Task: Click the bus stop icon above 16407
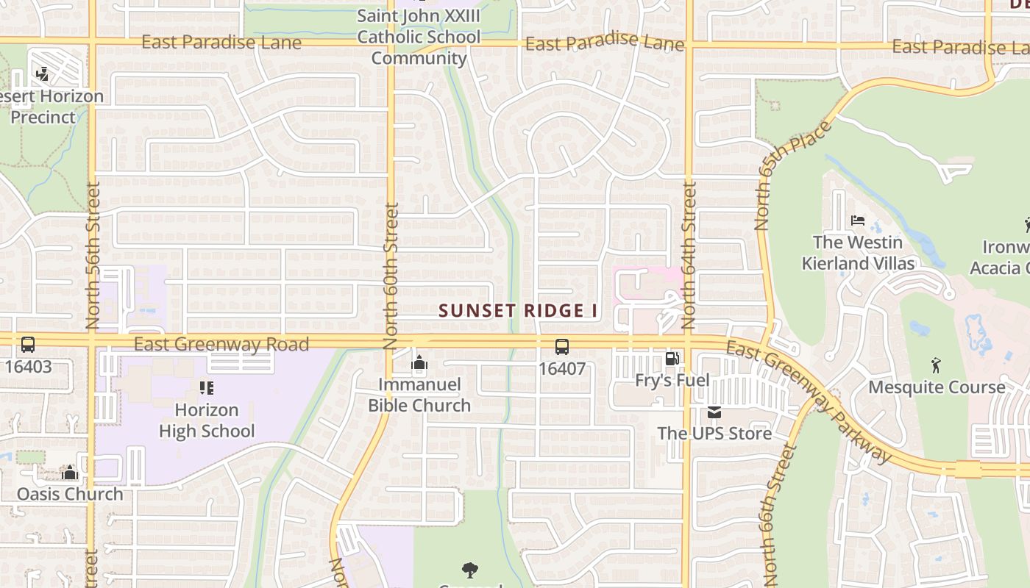pyautogui.click(x=561, y=346)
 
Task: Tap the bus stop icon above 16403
pyautogui.click(x=28, y=344)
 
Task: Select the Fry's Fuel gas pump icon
pyautogui.click(x=672, y=359)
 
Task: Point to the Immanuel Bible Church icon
pyautogui.click(x=419, y=362)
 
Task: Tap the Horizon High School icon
pyautogui.click(x=207, y=387)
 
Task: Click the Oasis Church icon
pyautogui.click(x=70, y=473)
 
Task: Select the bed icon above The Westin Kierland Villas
pyautogui.click(x=857, y=220)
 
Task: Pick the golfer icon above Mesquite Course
pyautogui.click(x=936, y=365)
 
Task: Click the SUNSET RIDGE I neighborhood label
pyautogui.click(x=518, y=311)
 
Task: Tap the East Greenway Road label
pyautogui.click(x=221, y=344)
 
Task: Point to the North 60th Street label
pyautogui.click(x=391, y=276)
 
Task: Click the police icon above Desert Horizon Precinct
pyautogui.click(x=42, y=73)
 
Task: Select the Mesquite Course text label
pyautogui.click(x=937, y=387)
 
